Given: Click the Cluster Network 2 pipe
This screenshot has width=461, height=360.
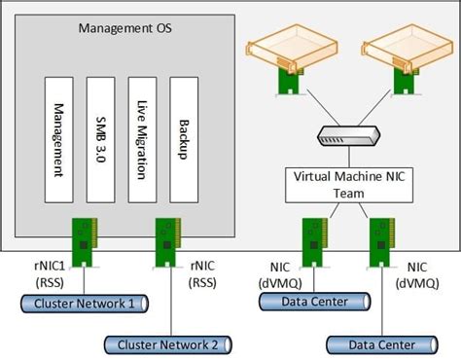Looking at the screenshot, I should [167, 343].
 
